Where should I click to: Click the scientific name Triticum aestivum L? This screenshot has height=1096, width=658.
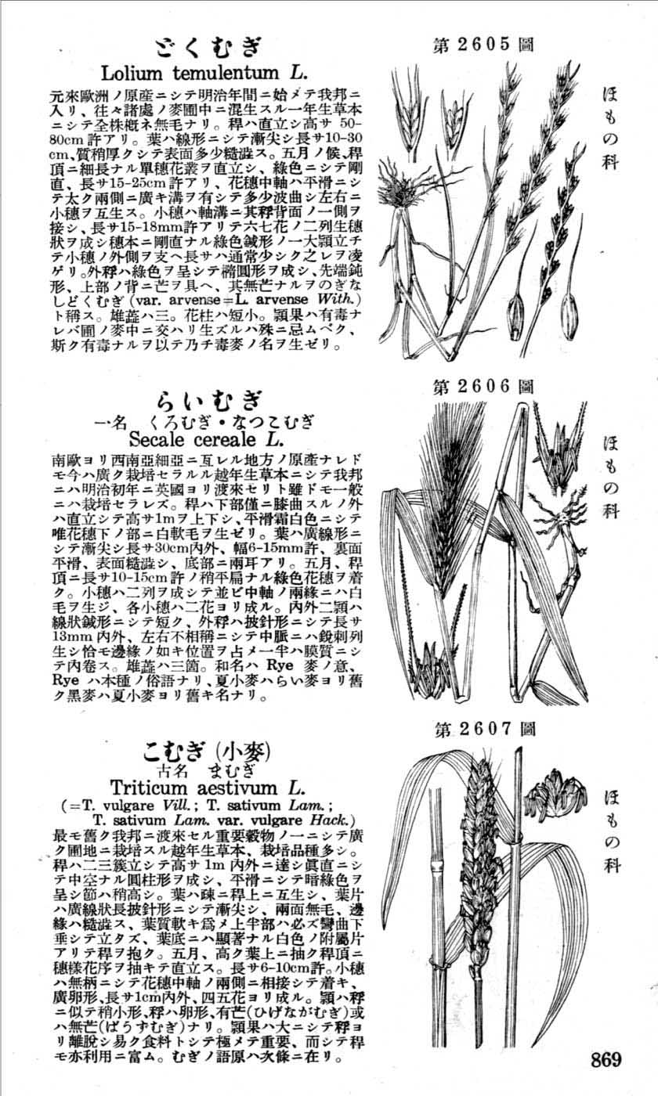pos(207,786)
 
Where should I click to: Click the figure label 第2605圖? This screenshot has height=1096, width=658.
pos(484,45)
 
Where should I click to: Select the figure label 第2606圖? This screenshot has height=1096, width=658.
pos(484,386)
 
